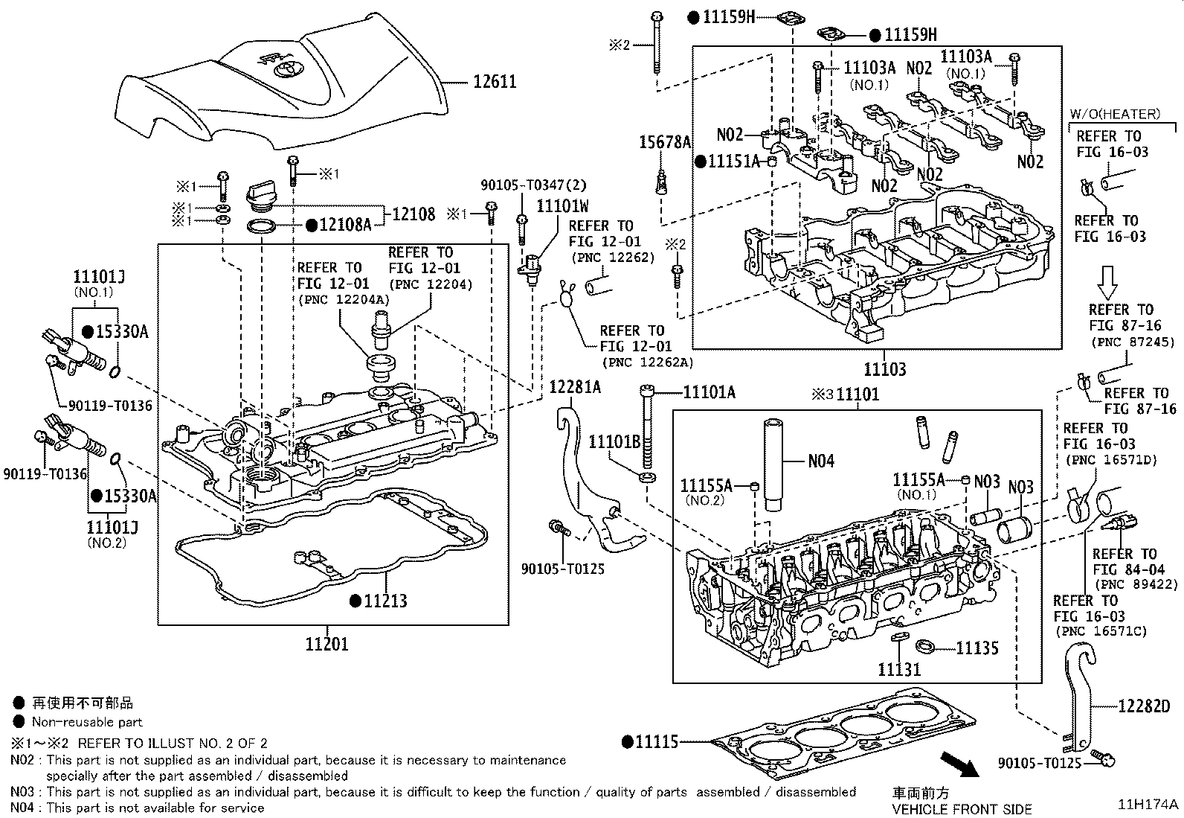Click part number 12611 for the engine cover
(x=495, y=81)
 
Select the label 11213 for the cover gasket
(x=385, y=600)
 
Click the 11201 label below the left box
(x=326, y=644)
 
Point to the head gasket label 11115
(x=657, y=741)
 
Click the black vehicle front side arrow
(x=960, y=767)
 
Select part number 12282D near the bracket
(x=1143, y=706)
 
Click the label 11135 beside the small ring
(x=977, y=648)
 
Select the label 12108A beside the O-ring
(x=344, y=224)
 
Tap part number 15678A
(x=666, y=142)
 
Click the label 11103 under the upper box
(x=884, y=369)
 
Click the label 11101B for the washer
(x=614, y=442)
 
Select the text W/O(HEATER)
(x=1114, y=114)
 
